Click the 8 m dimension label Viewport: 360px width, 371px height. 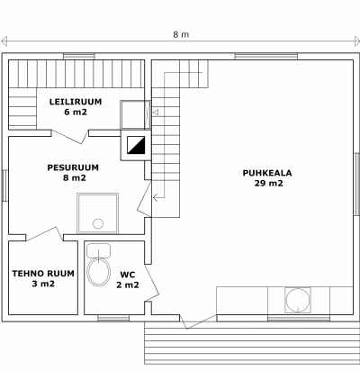pyautogui.click(x=181, y=34)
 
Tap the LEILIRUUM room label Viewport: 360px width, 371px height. pyautogui.click(x=76, y=102)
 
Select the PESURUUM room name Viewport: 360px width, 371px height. pyautogui.click(x=73, y=167)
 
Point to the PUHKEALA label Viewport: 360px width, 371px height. pyautogui.click(x=267, y=173)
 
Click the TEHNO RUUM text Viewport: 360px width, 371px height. pyautogui.click(x=43, y=274)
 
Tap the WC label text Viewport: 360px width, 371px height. pyautogui.click(x=128, y=275)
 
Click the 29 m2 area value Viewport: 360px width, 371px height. pyautogui.click(x=268, y=184)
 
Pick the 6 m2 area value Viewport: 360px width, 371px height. pyautogui.click(x=76, y=112)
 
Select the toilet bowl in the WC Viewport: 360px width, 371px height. pyautogui.click(x=98, y=272)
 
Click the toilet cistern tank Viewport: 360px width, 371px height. pyautogui.click(x=98, y=251)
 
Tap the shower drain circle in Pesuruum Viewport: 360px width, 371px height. pyautogui.click(x=98, y=223)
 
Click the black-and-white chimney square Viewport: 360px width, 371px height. pyautogui.click(x=136, y=145)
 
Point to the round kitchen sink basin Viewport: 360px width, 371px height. pyautogui.click(x=298, y=300)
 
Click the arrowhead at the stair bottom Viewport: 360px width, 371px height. pyautogui.click(x=156, y=198)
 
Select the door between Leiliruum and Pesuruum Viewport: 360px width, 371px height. pyautogui.click(x=70, y=137)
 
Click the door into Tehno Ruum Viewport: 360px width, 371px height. pyautogui.click(x=45, y=234)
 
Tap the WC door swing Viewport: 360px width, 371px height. pyautogui.click(x=152, y=283)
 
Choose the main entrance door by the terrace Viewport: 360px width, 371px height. pyautogui.click(x=198, y=321)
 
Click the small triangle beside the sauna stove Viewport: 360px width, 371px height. pyautogui.click(x=156, y=113)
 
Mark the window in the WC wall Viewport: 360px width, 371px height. pyautogui.click(x=113, y=318)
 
